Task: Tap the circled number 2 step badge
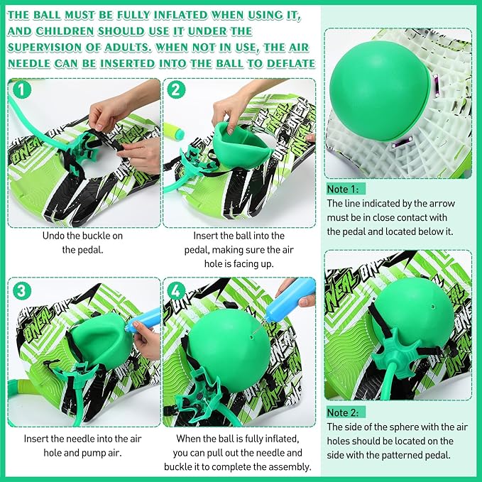(176, 90)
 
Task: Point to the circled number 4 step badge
(176, 291)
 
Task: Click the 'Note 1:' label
(346, 190)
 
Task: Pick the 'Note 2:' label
(346, 412)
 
